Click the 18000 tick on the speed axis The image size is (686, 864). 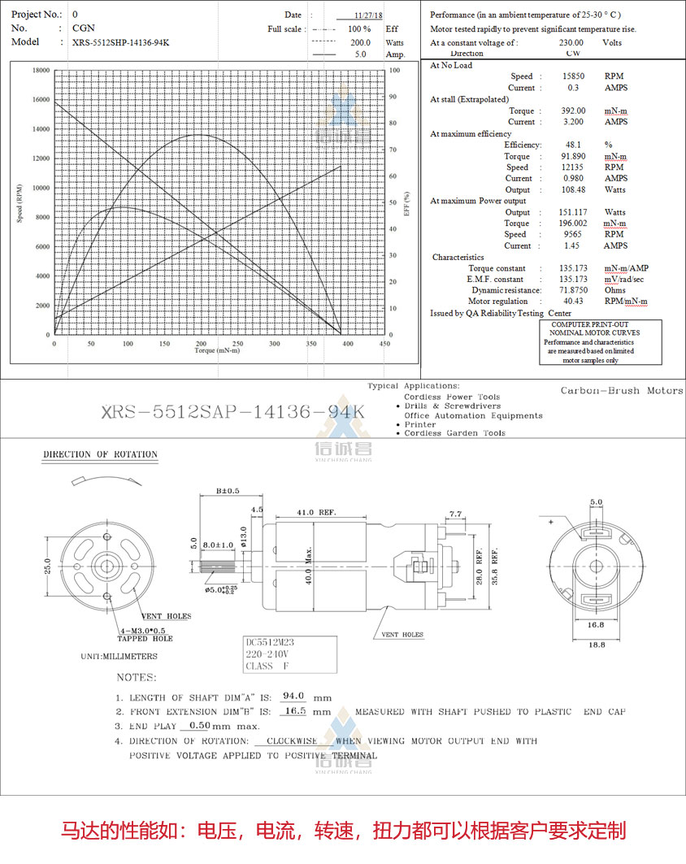(x=40, y=71)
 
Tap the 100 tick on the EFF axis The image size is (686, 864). (x=395, y=71)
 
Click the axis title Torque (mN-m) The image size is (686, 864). (x=217, y=351)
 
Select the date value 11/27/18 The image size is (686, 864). (x=370, y=15)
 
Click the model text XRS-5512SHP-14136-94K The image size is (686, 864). (x=121, y=42)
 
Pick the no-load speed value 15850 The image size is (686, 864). (x=573, y=76)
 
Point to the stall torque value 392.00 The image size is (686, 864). (x=573, y=111)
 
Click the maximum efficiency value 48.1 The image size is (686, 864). (x=573, y=145)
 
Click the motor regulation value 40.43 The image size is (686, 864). (x=573, y=302)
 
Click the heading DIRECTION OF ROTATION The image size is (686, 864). (x=100, y=454)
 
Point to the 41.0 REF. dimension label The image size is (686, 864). (x=316, y=513)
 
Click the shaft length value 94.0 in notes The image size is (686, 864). (x=292, y=697)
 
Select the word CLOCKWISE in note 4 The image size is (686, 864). (x=292, y=741)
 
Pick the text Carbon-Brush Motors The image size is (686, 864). (x=622, y=391)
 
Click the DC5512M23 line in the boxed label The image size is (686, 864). (x=271, y=642)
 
